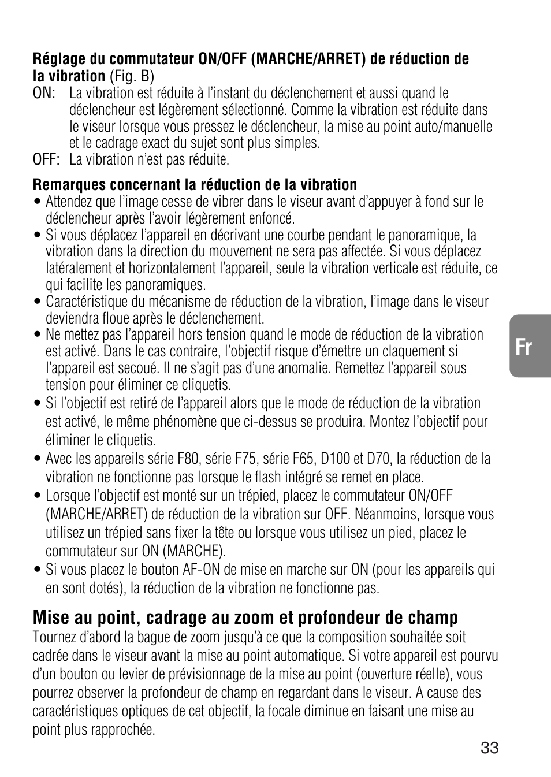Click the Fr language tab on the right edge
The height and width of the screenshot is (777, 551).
coord(524,347)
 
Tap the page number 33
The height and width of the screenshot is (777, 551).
coord(489,748)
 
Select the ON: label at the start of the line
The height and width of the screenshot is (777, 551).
coord(43,93)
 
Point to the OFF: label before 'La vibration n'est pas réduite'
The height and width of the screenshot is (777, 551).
coord(46,159)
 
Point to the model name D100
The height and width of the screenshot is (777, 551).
coord(335,459)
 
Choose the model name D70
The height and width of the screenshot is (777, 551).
coord(378,459)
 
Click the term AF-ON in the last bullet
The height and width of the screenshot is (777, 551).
coord(201,570)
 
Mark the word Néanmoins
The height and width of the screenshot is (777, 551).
coord(387,514)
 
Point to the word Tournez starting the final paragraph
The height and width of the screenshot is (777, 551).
coord(54,638)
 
